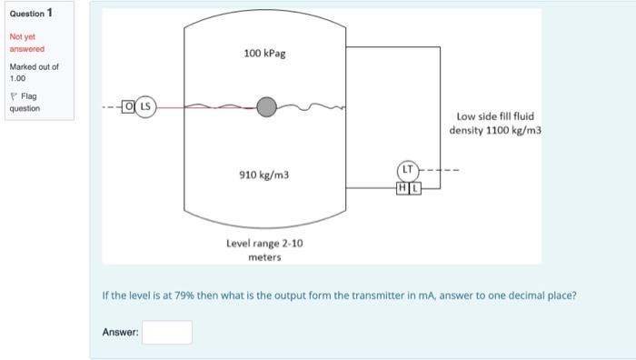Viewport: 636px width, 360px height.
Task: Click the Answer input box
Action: tap(166, 333)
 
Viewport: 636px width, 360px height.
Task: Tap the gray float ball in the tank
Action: tap(265, 107)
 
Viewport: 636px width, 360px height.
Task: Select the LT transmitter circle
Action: tap(409, 170)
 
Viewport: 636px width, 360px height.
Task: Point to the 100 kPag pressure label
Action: tap(264, 54)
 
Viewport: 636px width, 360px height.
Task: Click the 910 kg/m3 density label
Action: tap(264, 173)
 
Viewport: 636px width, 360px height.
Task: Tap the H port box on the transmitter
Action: tap(402, 187)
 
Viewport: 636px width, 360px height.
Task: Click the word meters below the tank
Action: tap(264, 257)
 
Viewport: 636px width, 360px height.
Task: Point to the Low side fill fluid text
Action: tap(495, 116)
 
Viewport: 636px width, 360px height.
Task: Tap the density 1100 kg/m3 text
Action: tap(495, 130)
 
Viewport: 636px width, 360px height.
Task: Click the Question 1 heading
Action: tap(31, 13)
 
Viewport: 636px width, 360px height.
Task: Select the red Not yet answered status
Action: tap(26, 43)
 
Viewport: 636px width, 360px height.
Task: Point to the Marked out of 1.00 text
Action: tap(33, 73)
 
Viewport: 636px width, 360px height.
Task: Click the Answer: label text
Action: tap(120, 333)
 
